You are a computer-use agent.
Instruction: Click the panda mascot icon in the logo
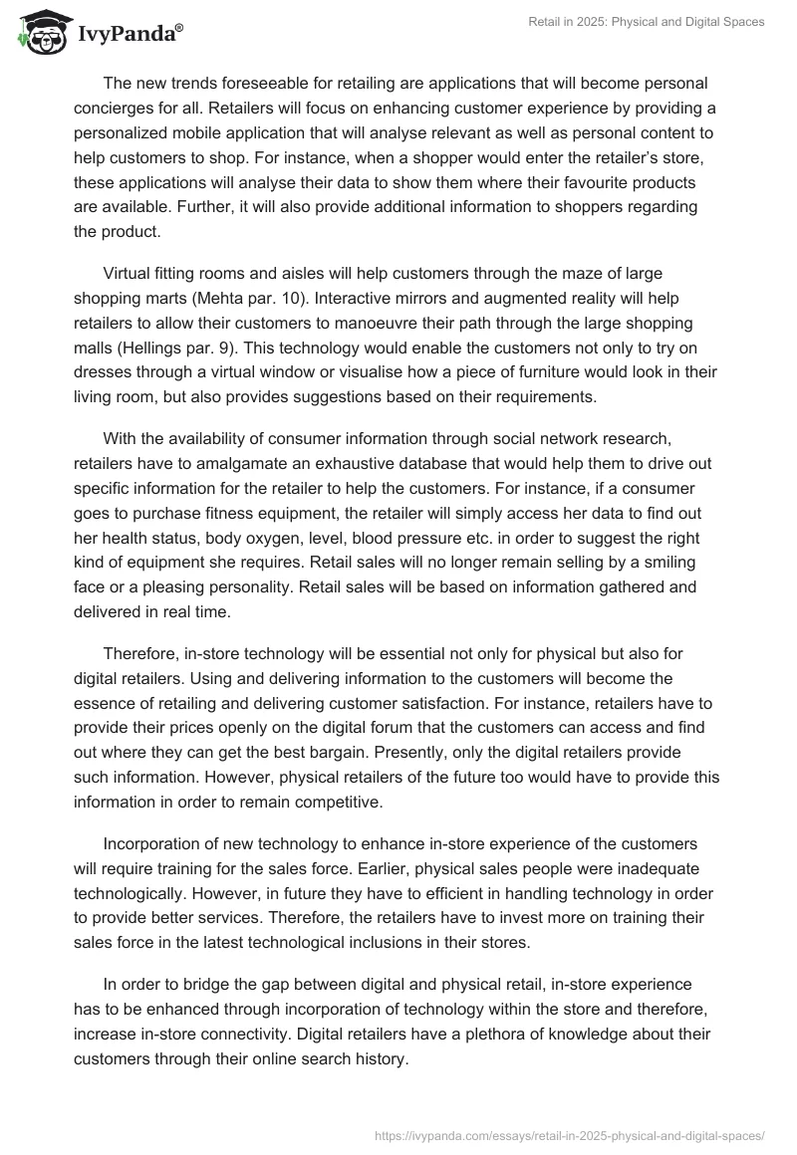pos(40,33)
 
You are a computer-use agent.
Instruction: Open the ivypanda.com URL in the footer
pos(571,1134)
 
